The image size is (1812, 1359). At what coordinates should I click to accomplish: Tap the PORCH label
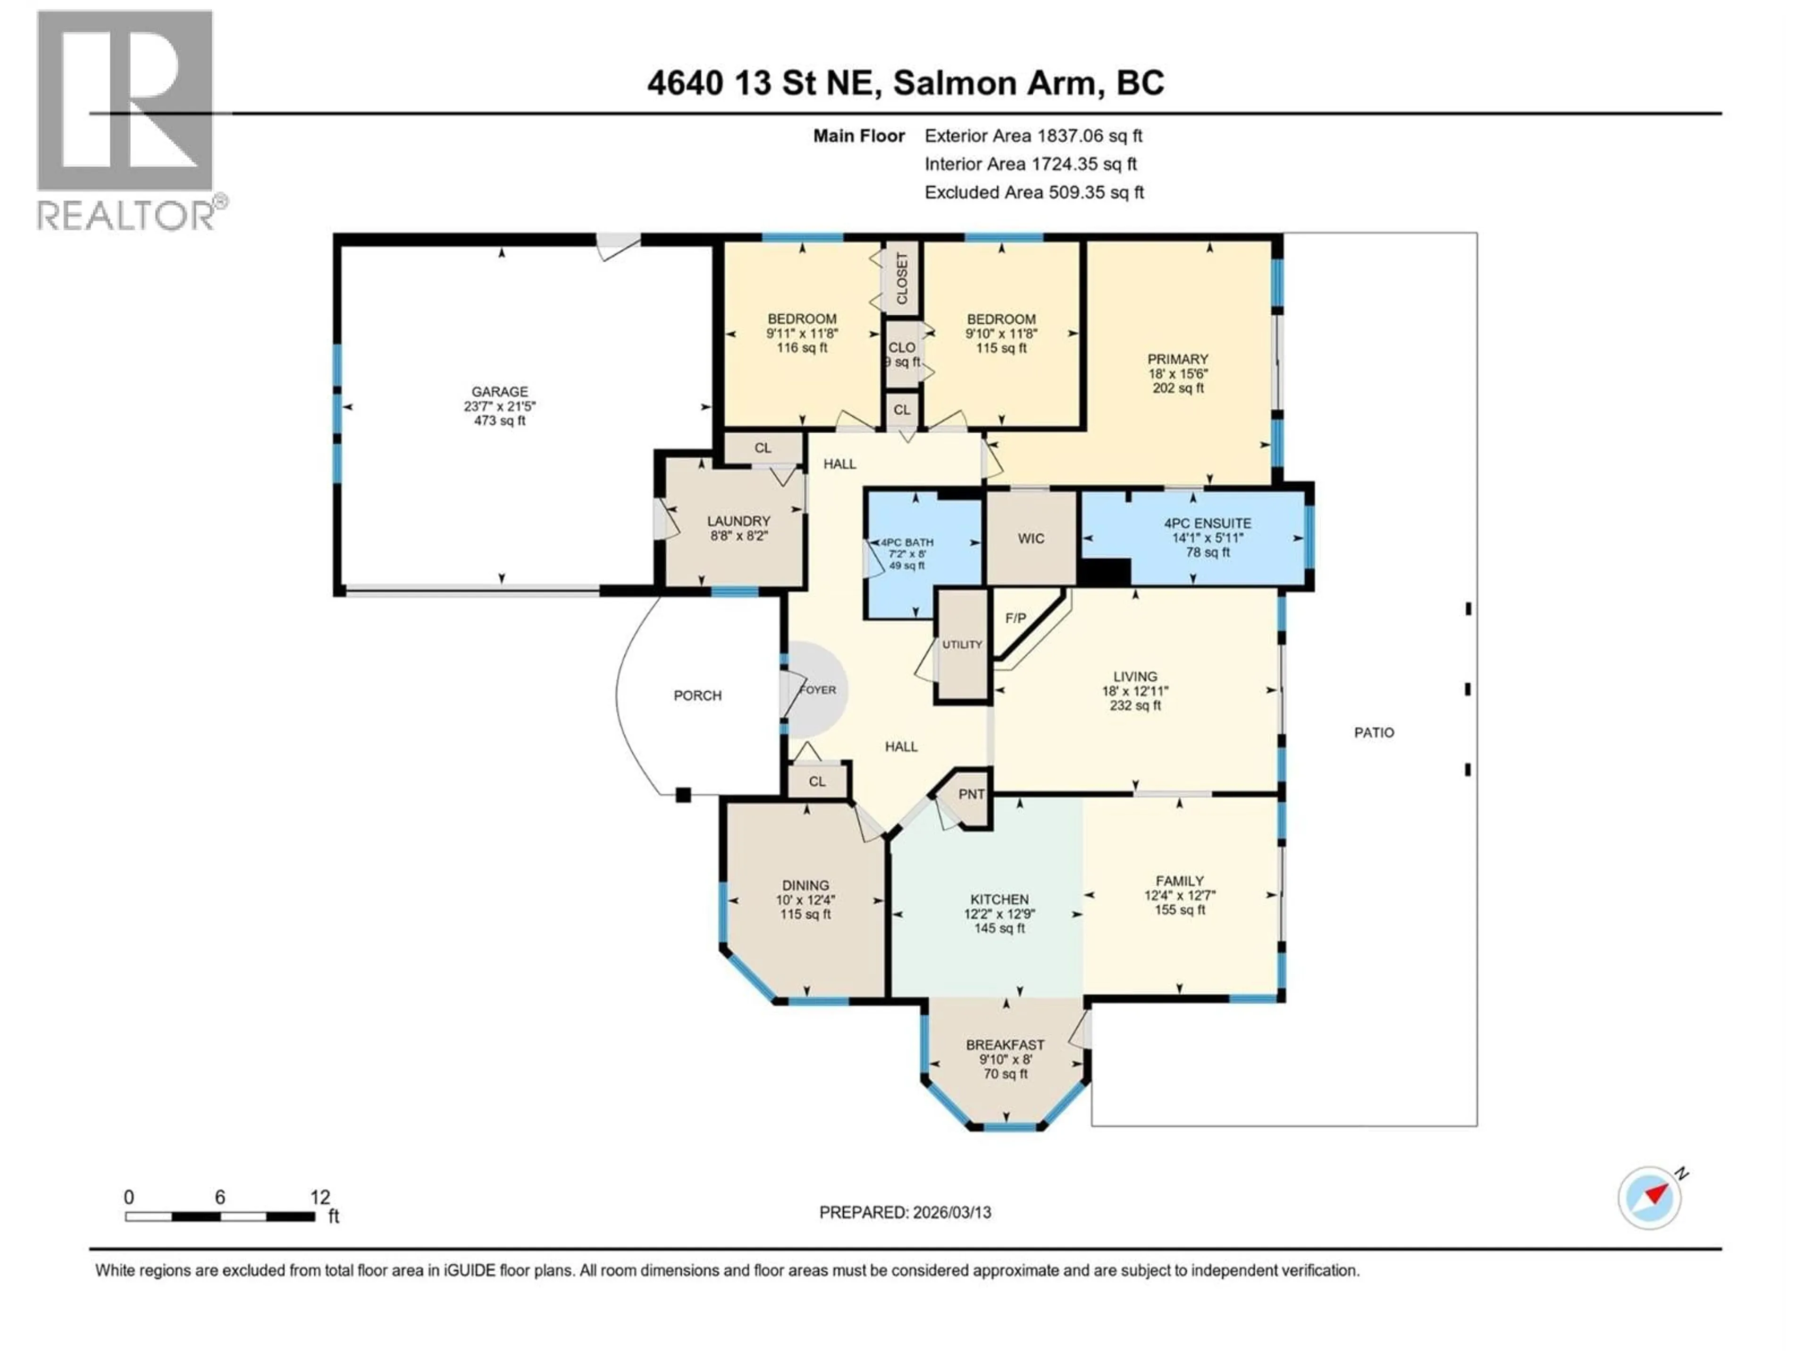coord(697,696)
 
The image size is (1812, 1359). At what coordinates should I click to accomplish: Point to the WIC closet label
coord(1031,538)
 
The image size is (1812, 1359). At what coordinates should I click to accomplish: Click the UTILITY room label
coord(962,645)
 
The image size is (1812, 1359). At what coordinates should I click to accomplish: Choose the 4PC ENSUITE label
coord(1208,523)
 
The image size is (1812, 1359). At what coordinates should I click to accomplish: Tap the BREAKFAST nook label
coord(1005,1045)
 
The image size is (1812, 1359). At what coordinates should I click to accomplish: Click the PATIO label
coord(1374,732)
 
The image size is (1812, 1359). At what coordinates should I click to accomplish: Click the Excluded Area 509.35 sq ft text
coord(1034,193)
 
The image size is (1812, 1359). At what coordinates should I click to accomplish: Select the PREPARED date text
coord(905,1212)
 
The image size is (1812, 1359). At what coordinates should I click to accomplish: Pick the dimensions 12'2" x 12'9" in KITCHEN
coord(999,914)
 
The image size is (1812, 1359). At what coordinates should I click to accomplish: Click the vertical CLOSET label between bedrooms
coord(902,278)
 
